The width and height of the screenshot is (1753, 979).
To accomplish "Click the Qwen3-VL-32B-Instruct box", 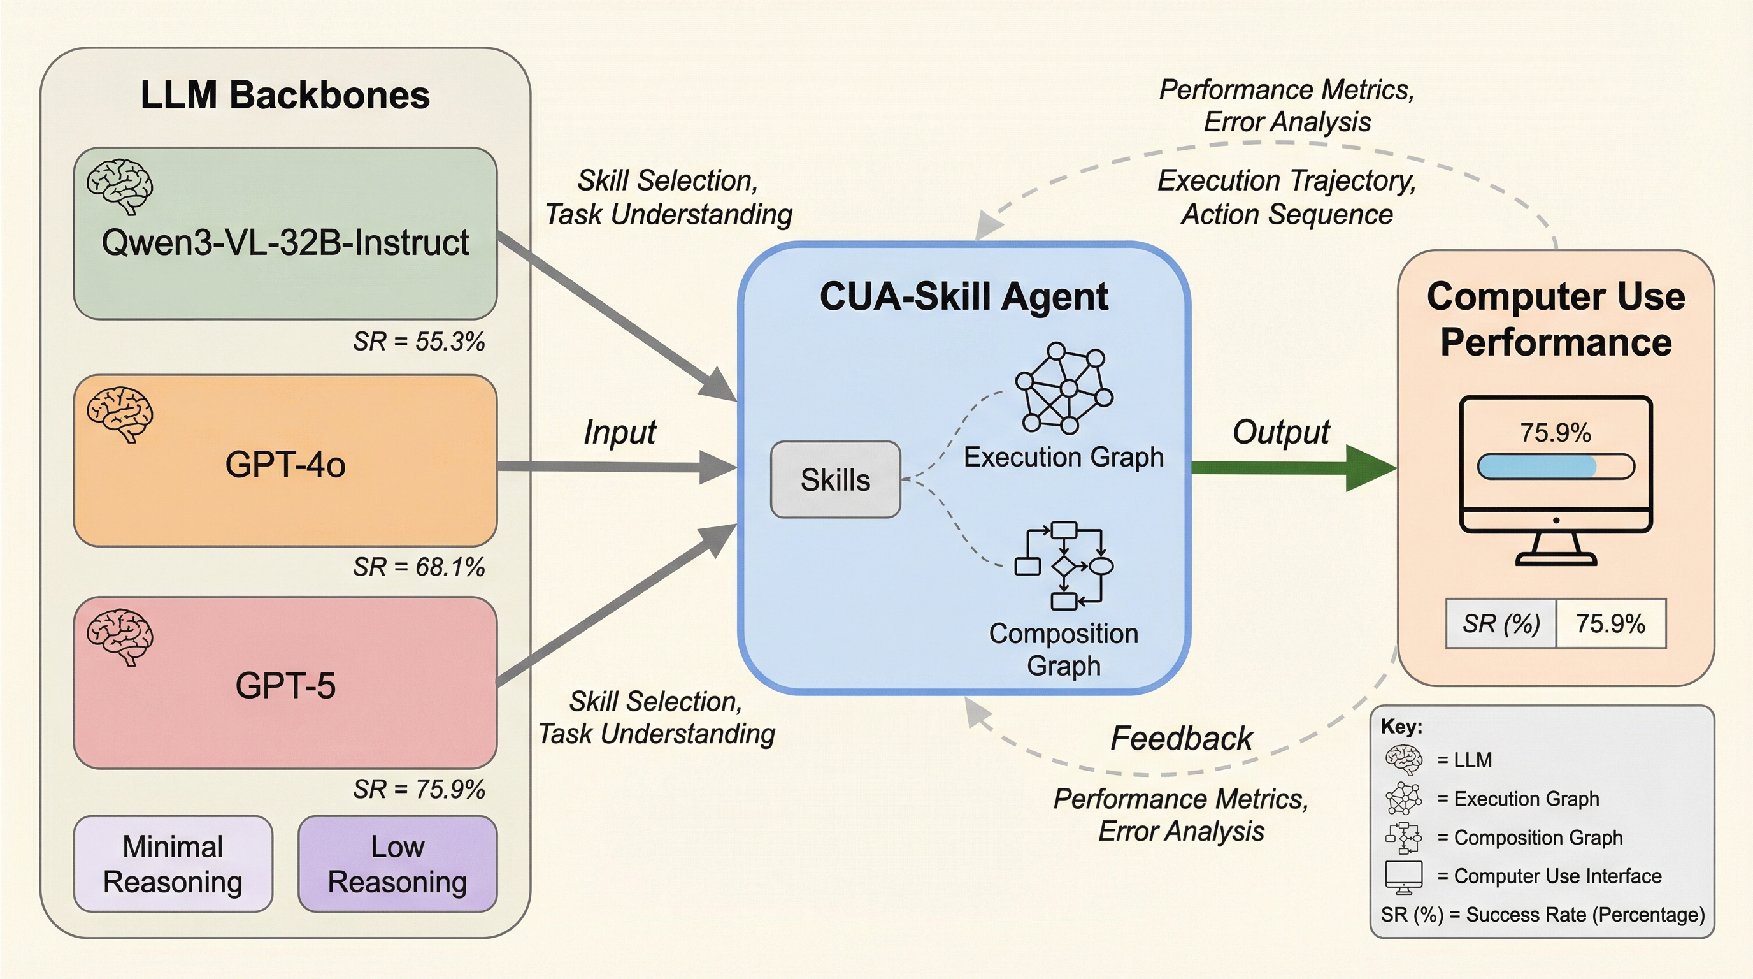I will tap(285, 233).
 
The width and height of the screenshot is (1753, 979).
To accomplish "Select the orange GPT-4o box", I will tap(285, 461).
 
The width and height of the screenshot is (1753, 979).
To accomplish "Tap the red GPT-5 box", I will tap(285, 683).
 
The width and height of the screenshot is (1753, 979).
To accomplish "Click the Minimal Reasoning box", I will tap(173, 864).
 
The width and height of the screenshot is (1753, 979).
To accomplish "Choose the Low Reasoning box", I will tap(397, 864).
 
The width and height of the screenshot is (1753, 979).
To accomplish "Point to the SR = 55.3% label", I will tap(419, 342).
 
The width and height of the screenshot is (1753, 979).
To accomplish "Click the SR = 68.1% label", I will tap(419, 567).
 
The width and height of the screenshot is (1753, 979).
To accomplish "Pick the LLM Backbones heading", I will tap(285, 96).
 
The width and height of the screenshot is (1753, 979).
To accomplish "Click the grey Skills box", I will tap(835, 480).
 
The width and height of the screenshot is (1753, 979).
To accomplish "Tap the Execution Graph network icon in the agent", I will tap(1064, 389).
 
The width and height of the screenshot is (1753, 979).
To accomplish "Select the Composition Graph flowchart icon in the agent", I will tap(1064, 565).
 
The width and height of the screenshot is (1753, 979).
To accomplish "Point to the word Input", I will tap(619, 432).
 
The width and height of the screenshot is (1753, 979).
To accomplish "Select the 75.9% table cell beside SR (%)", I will tap(1611, 623).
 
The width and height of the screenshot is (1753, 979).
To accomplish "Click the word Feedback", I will tap(1182, 739).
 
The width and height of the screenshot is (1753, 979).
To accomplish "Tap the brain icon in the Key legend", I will tap(1403, 760).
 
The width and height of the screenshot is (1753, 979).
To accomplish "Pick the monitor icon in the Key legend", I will tap(1403, 877).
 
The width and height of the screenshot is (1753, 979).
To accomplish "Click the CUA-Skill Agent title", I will tap(964, 297).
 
